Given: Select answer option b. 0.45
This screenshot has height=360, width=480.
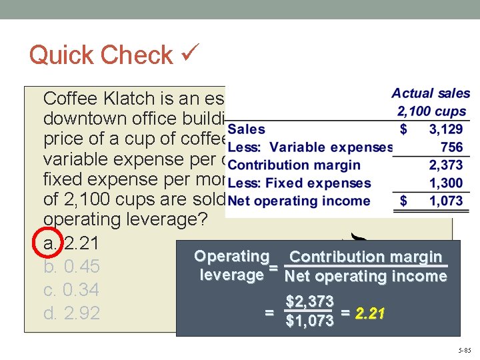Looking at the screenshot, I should [71, 267].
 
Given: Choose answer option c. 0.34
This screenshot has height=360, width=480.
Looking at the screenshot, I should [71, 290].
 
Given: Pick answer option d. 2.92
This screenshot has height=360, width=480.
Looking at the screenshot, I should [71, 313].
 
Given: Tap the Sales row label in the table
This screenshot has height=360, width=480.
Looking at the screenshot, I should [246, 129].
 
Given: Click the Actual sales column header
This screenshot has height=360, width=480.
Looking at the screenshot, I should [430, 94].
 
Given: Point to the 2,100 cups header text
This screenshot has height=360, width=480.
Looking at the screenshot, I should [431, 111].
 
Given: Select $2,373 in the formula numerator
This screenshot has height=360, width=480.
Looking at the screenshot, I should [309, 303].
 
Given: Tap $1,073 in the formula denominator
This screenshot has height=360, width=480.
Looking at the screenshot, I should [309, 322].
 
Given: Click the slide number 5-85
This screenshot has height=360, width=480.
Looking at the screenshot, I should [464, 349].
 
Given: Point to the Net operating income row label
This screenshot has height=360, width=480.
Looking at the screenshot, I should [299, 201].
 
